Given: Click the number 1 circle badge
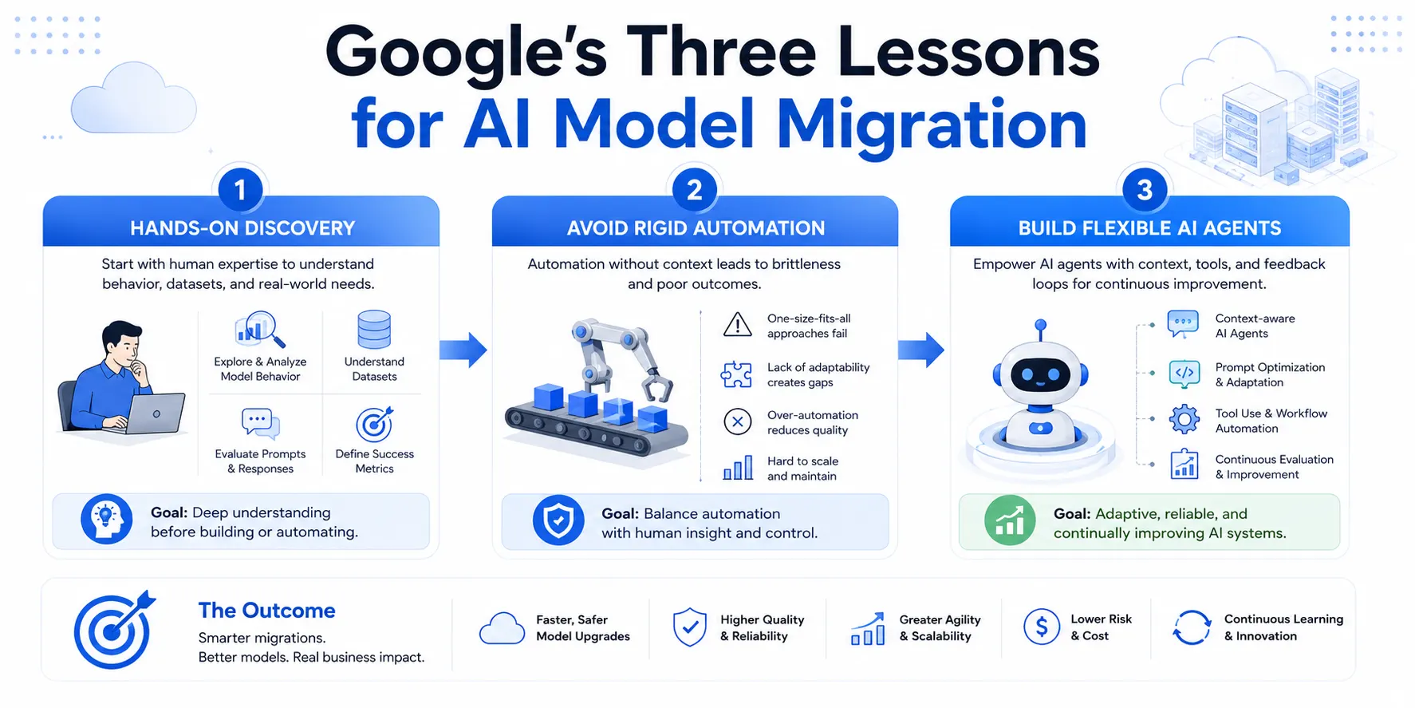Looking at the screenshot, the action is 240,190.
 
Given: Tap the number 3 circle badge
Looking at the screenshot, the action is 1145,190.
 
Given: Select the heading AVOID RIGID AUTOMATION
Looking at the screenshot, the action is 696,228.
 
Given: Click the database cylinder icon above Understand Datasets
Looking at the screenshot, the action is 374,330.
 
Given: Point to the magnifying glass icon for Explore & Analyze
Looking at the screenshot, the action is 261,330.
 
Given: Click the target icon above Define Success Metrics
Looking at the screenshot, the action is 375,424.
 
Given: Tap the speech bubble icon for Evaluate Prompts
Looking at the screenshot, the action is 261,423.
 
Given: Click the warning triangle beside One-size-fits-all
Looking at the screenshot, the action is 738,324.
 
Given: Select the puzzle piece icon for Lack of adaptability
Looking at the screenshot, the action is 736,374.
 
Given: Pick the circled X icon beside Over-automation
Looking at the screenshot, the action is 738,421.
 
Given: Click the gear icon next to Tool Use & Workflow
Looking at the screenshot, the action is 1184,419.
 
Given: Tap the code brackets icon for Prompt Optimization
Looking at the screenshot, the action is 1184,373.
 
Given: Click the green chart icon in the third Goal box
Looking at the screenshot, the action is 1010,520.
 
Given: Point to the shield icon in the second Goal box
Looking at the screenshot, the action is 558,520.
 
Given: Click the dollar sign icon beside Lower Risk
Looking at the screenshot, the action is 1042,627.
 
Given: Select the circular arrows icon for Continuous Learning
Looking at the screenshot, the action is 1192,627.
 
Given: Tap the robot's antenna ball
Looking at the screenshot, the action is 1040,325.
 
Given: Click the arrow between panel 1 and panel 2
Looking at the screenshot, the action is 463,350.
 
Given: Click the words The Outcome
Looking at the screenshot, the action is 266,611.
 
